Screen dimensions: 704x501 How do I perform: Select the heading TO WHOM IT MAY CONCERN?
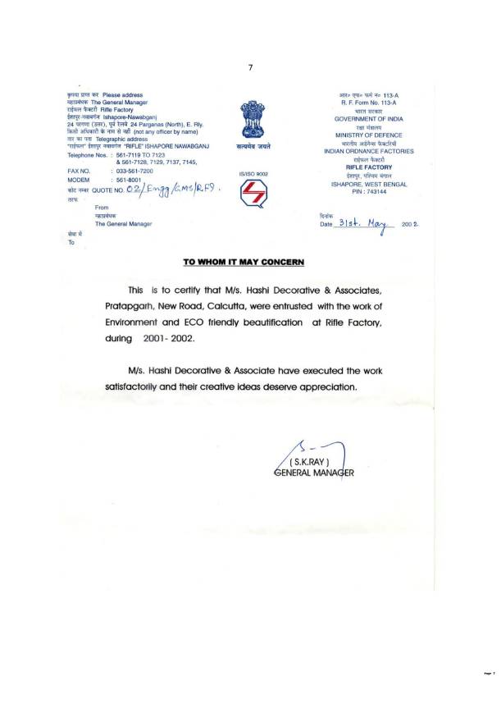click(243, 262)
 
